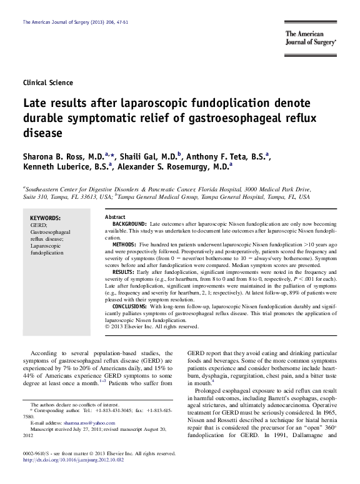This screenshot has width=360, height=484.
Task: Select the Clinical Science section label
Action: (47, 83)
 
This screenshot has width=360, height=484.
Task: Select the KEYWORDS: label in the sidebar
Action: (45, 218)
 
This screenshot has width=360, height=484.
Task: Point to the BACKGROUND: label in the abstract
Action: (129, 223)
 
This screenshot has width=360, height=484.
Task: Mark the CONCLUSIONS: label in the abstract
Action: (129, 307)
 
